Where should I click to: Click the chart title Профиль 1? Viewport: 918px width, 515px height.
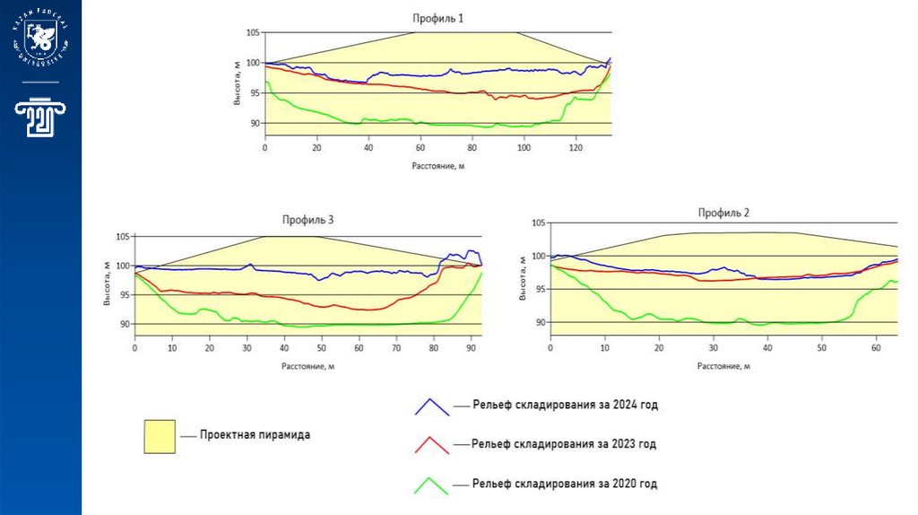click(x=438, y=18)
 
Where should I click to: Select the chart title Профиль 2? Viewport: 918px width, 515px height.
click(x=723, y=213)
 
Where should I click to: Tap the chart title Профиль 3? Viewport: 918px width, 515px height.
click(x=307, y=220)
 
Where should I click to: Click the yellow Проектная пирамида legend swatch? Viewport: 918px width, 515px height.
click(x=160, y=435)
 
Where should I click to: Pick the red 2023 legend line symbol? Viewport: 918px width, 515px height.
click(x=431, y=445)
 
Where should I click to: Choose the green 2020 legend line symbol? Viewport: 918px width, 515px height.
click(x=431, y=484)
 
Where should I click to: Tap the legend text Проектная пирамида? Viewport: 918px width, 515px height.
click(x=255, y=435)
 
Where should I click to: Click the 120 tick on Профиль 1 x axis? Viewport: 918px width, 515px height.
click(x=576, y=146)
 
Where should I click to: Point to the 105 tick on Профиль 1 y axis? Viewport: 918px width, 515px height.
click(x=253, y=32)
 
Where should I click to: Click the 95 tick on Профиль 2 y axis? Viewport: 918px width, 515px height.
click(x=538, y=289)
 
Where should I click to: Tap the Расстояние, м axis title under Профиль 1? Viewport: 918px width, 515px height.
click(x=438, y=166)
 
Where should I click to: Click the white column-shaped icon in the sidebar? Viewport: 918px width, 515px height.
click(x=40, y=120)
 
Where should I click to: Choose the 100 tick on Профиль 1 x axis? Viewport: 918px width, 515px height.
click(x=524, y=146)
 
